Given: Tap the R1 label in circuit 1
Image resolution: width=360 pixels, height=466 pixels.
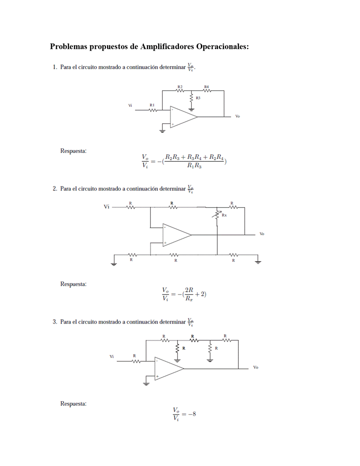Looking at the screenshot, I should tap(152, 105).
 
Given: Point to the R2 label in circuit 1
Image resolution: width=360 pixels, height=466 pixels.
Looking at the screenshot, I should tap(180, 86).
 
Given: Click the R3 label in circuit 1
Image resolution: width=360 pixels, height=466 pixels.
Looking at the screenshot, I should tap(198, 98).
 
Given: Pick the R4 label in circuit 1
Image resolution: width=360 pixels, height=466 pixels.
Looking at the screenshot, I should tap(207, 86).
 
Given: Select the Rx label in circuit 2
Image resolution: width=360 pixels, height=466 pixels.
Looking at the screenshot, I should tap(224, 215).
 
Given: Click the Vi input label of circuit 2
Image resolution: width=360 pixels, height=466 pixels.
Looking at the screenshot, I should tap(107, 206).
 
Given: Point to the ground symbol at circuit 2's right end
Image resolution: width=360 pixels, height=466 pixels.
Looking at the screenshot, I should tap(258, 261).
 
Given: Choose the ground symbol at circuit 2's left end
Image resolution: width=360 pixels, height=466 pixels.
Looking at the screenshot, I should tap(114, 263).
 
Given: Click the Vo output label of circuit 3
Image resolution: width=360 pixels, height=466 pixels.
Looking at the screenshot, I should tap(256, 367).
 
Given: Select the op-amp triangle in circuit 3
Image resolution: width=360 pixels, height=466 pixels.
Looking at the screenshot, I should tap(167, 368).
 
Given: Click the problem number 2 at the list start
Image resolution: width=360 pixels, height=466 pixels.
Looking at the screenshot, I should tap(54, 189).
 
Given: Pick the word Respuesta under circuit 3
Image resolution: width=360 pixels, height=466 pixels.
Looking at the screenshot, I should tap(73, 403).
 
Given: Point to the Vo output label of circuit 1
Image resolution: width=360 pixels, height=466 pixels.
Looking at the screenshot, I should tap(238, 116).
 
